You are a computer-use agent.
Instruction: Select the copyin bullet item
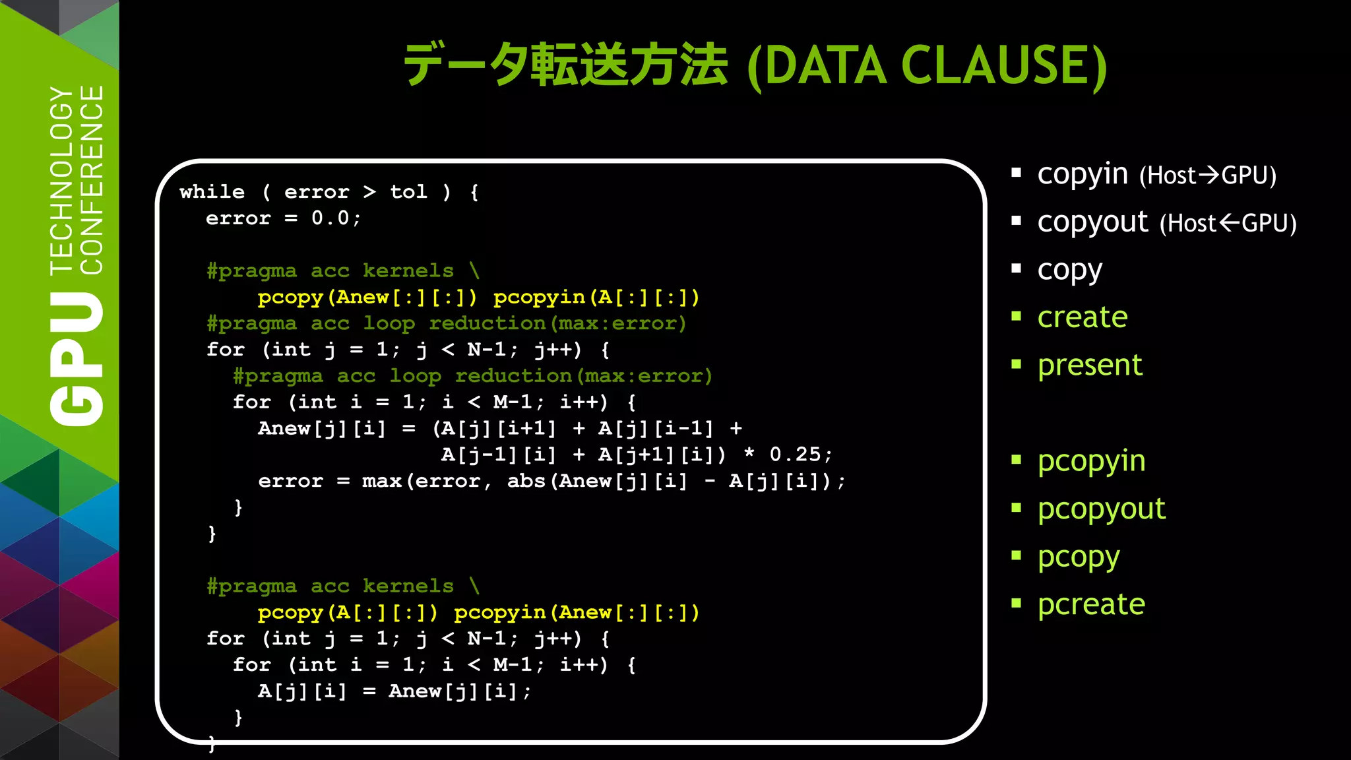point(1083,174)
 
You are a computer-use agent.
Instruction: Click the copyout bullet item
point(1092,222)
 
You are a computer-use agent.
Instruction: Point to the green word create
point(1083,317)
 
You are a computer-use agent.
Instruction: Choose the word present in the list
point(1090,365)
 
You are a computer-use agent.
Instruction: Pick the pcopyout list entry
point(1101,509)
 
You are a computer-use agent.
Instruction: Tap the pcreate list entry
point(1091,604)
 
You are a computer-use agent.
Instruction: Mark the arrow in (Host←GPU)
point(1228,223)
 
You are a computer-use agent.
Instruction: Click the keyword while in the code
point(212,192)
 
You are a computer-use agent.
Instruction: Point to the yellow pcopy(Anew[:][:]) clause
point(367,298)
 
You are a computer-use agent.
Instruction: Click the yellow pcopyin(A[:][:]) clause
point(596,298)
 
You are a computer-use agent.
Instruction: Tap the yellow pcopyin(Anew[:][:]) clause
point(577,613)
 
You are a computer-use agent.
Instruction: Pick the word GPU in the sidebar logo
point(78,360)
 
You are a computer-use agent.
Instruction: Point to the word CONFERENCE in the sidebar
point(92,179)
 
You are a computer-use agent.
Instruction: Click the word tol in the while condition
point(408,192)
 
